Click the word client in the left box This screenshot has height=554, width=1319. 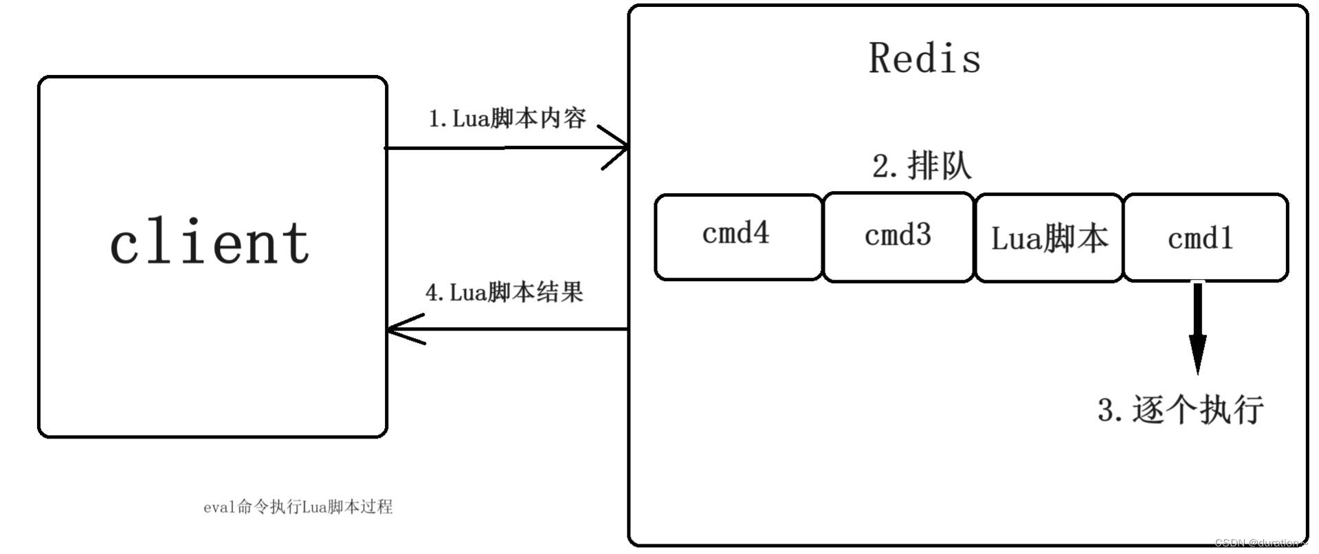tap(210, 242)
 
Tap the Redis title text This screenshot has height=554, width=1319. tap(924, 58)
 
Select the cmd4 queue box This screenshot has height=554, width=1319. tap(738, 237)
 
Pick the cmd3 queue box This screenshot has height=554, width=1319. tap(898, 237)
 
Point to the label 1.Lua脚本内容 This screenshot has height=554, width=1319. tap(507, 118)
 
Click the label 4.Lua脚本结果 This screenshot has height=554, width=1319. tap(504, 292)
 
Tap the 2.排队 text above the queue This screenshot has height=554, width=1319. tap(922, 166)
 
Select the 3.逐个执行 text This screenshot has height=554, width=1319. tap(1180, 410)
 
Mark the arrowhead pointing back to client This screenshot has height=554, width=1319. tap(402, 329)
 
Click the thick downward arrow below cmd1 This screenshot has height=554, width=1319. tap(1197, 330)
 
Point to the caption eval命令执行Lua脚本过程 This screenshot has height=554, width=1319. tap(298, 507)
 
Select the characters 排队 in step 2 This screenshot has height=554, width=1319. tap(940, 166)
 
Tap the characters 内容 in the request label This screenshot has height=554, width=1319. tap(564, 118)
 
